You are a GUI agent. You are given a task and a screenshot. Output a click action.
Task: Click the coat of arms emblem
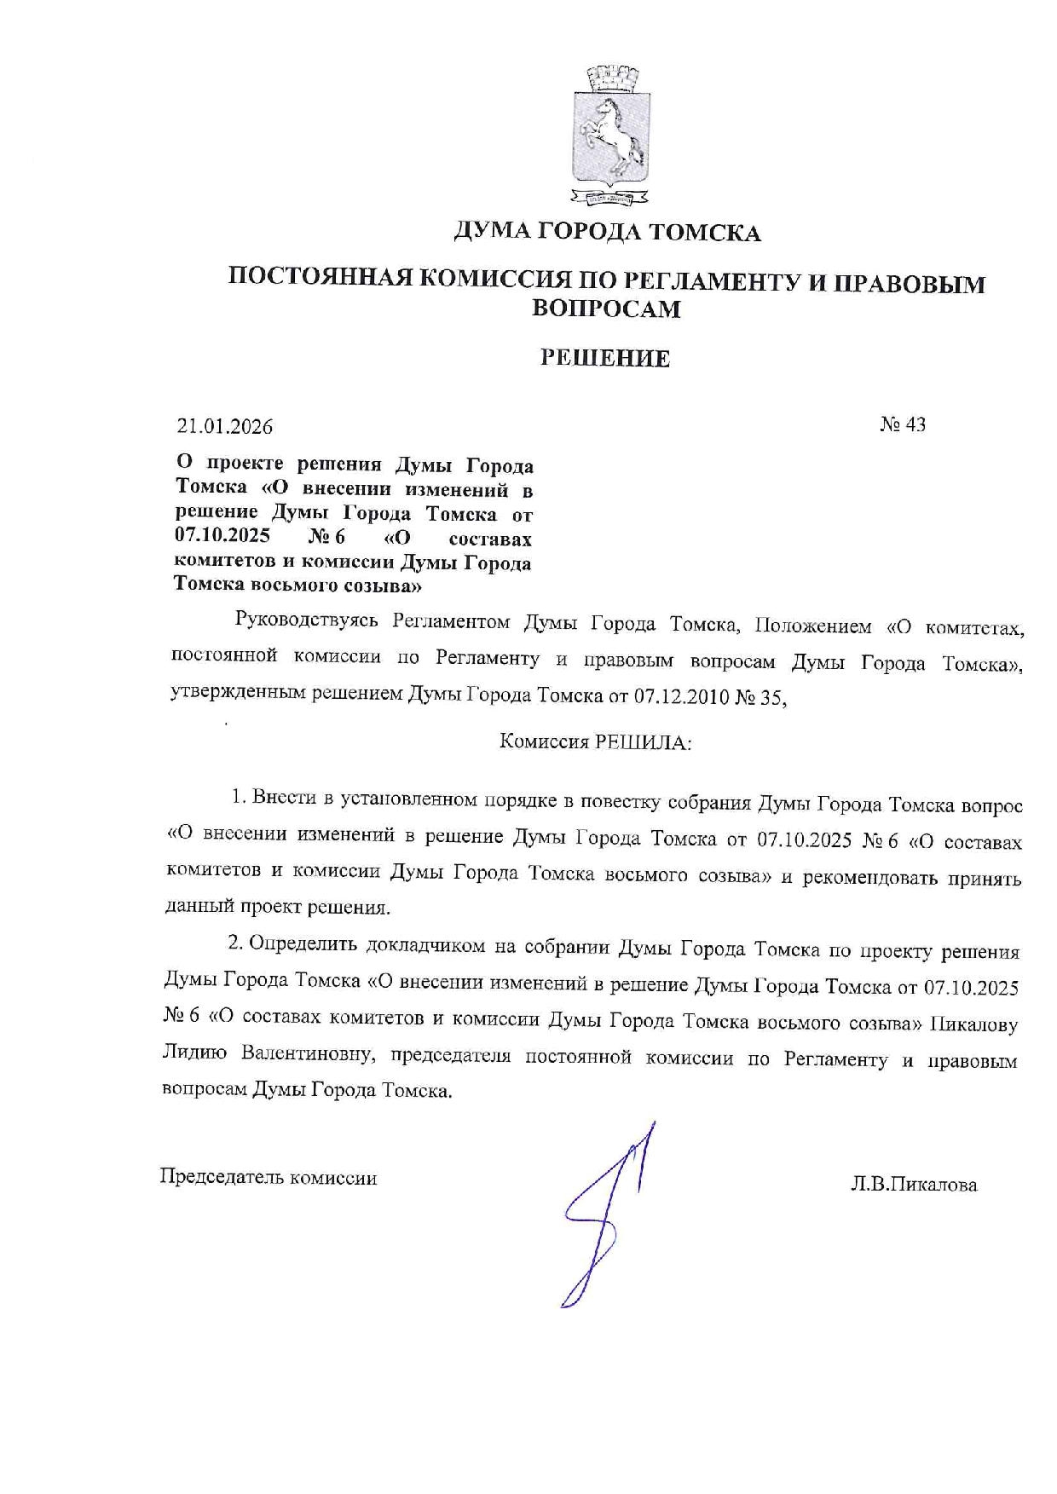[x=608, y=134]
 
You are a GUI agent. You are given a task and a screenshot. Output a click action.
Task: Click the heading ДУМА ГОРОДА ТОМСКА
[x=606, y=232]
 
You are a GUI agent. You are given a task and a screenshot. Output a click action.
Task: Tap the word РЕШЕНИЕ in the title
[x=605, y=359]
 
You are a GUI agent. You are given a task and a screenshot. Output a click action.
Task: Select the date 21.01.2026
[x=225, y=426]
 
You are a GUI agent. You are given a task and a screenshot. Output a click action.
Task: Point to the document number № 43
[x=903, y=424]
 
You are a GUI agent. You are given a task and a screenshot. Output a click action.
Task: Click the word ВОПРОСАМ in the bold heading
[x=606, y=309]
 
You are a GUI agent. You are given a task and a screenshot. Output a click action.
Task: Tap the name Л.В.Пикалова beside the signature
[x=913, y=1185]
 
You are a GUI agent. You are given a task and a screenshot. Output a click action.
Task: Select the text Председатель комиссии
[x=269, y=1178]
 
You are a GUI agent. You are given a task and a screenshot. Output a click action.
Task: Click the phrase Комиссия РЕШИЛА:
[x=595, y=741]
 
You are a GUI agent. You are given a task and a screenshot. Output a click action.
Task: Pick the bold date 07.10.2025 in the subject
[x=223, y=536]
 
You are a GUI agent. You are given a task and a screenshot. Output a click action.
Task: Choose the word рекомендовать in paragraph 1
[x=866, y=879]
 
